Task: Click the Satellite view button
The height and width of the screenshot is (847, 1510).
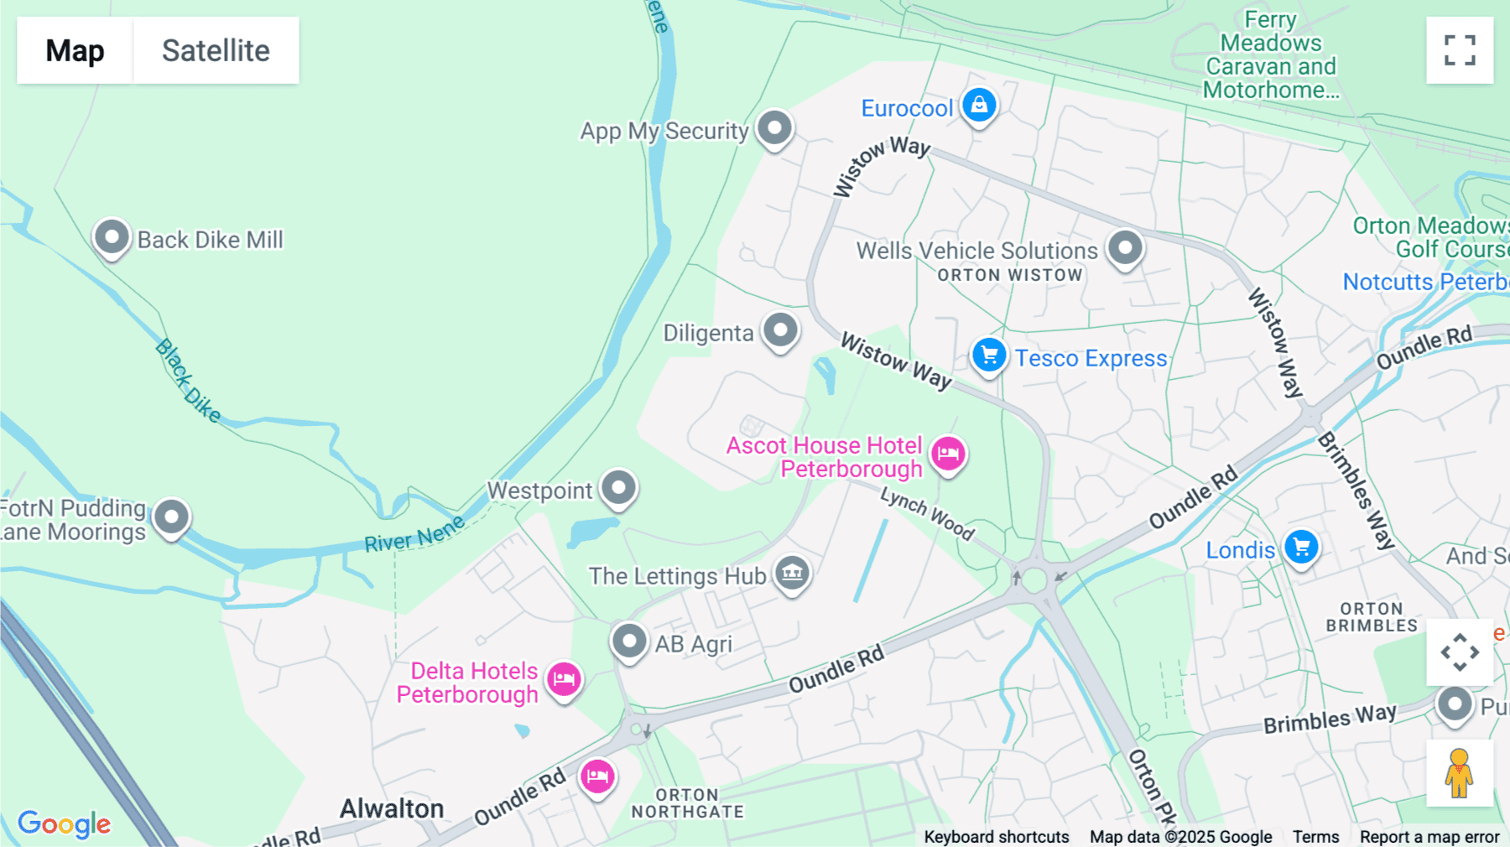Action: tap(216, 50)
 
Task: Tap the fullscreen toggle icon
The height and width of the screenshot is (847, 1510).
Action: tap(1460, 50)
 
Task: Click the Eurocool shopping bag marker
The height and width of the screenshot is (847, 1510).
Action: tap(978, 106)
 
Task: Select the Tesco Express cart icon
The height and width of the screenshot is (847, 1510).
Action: tap(989, 355)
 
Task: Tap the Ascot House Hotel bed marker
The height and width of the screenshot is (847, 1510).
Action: tap(948, 454)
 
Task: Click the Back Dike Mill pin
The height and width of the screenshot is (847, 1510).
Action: tap(112, 237)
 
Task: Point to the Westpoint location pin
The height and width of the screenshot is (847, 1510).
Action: tap(619, 487)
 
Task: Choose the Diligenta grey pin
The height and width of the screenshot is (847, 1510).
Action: tap(780, 330)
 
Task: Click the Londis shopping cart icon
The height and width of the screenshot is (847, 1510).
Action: tap(1301, 548)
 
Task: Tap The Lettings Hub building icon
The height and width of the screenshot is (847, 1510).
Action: tap(792, 574)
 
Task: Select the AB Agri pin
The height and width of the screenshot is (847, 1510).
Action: tap(629, 642)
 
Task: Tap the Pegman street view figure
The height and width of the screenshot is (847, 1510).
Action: tap(1459, 773)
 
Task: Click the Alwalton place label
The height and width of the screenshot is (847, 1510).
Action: tap(392, 808)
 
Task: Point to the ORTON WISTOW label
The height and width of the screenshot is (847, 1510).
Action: tap(1009, 275)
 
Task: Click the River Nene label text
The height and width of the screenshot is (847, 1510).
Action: tap(414, 534)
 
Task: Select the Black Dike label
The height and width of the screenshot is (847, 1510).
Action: tap(188, 381)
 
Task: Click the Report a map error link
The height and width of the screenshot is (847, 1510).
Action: tap(1429, 837)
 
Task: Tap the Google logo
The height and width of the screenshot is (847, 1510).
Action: tap(64, 824)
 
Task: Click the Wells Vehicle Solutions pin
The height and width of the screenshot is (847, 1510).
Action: tap(1125, 247)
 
